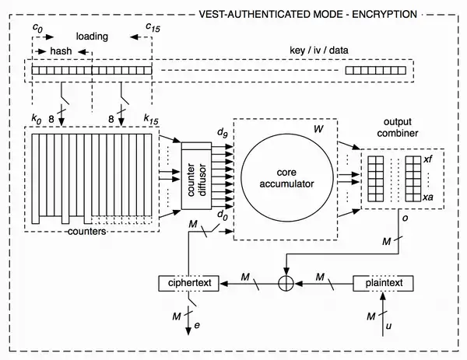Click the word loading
92,36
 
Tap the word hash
62,51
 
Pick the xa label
428,197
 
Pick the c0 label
36,26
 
